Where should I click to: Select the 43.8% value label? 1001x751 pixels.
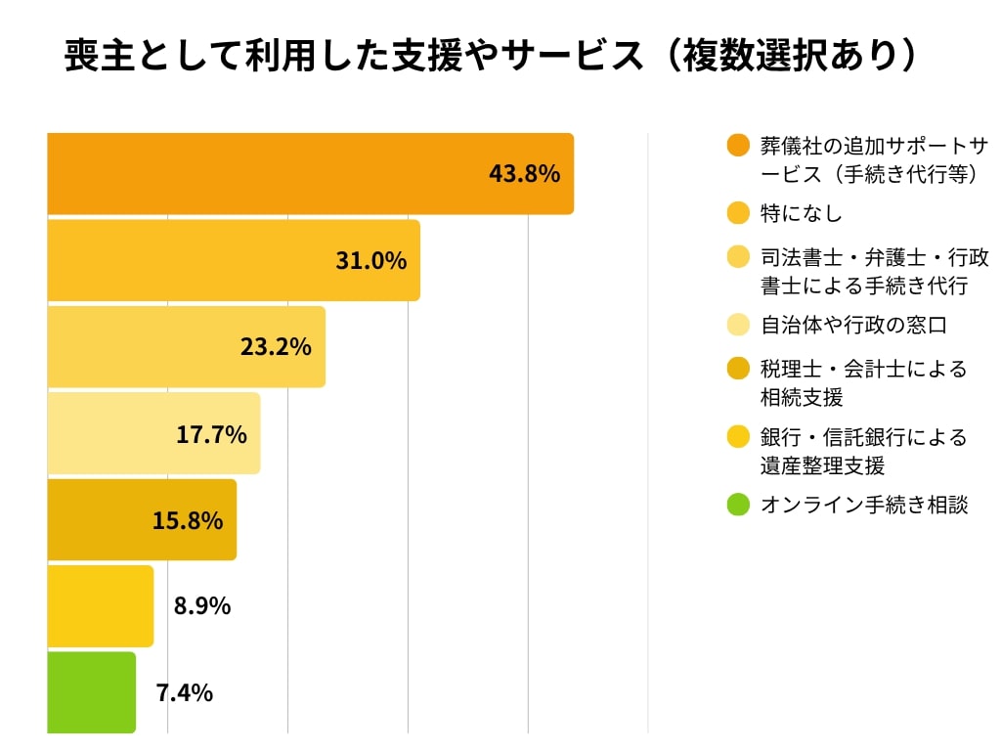(x=524, y=174)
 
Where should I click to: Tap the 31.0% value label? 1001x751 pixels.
(x=370, y=261)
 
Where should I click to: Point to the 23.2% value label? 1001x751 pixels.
(x=276, y=347)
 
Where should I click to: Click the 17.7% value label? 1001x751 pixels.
(x=211, y=434)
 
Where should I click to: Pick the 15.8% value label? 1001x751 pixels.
(x=187, y=520)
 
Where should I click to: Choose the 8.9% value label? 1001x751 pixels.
(x=202, y=606)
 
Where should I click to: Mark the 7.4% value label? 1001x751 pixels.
(x=185, y=693)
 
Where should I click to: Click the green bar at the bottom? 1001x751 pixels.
(x=91, y=692)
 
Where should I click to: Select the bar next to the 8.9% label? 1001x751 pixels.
(x=100, y=606)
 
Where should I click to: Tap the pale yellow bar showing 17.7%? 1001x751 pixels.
(x=153, y=433)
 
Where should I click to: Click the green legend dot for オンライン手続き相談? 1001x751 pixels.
(x=739, y=506)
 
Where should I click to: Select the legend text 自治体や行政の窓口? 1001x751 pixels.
(x=853, y=325)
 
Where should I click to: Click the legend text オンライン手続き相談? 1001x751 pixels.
(x=864, y=506)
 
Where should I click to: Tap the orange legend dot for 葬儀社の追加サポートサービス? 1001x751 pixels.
(x=739, y=146)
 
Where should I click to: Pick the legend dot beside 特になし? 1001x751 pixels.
(x=739, y=213)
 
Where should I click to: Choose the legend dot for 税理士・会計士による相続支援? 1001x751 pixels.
(x=739, y=370)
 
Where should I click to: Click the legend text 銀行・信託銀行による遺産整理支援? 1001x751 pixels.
(x=863, y=450)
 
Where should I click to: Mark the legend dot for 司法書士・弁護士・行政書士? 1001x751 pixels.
(x=739, y=257)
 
